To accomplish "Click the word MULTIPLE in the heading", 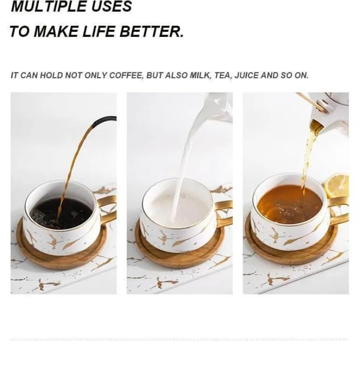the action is pos(49,6).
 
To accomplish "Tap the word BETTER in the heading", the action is pos(151,31).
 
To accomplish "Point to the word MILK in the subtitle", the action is pos(200,75).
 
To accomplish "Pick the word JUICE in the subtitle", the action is pos(246,75).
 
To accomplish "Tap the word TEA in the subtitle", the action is pos(223,75).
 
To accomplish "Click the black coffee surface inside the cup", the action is pos(62,213).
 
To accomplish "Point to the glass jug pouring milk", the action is pos(219,107).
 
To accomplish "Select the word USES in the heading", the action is pos(112,6).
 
